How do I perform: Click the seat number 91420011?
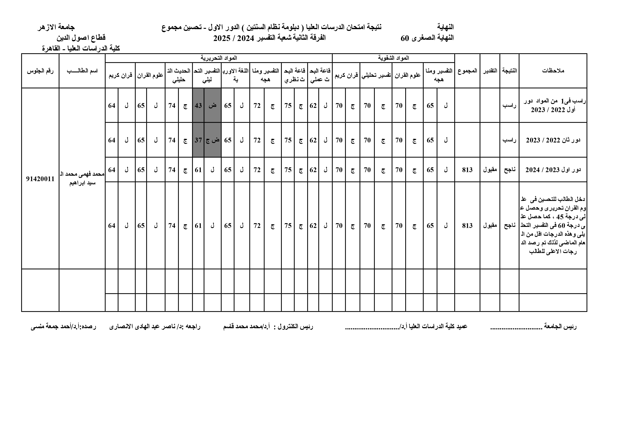pyautogui.click(x=40, y=179)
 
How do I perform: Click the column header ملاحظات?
pyautogui.click(x=553, y=71)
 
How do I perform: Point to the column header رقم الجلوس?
pyautogui.click(x=40, y=71)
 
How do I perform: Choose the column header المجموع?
pyautogui.click(x=467, y=71)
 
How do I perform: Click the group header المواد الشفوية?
pyautogui.click(x=393, y=58)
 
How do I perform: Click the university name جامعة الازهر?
pyautogui.click(x=56, y=27)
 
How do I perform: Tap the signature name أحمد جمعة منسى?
pyautogui.click(x=49, y=327)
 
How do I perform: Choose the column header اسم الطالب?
pyautogui.click(x=82, y=71)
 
